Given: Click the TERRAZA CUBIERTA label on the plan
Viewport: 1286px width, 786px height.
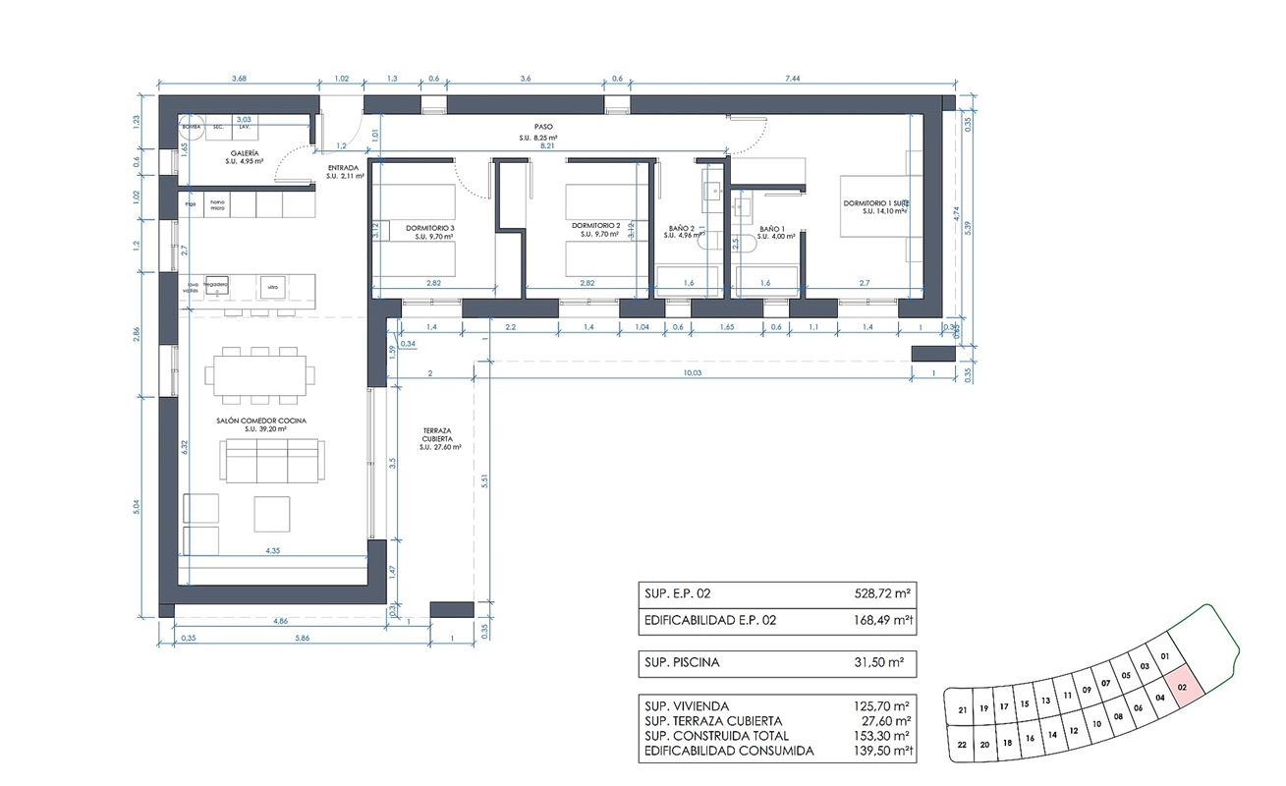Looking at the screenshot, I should [439, 435].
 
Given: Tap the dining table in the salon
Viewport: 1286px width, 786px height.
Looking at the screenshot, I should [260, 374].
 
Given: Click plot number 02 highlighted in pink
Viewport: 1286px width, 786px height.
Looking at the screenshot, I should [1182, 690].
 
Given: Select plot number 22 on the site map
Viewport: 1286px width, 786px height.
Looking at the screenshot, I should [962, 745].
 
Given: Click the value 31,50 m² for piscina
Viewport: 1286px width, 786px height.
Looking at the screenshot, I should [880, 662].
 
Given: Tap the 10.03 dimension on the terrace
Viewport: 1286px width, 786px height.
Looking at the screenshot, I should [694, 373].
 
